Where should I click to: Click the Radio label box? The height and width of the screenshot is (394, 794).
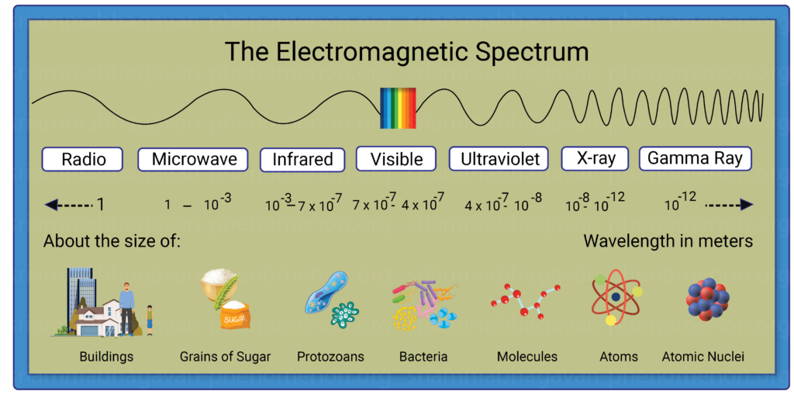coord(82,159)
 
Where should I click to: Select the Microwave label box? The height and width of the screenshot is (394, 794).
coord(193,159)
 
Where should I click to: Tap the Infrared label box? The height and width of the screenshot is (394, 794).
coord(303,160)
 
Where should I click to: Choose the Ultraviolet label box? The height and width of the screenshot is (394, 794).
coord(499,159)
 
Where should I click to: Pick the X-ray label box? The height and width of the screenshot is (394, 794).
coord(595,158)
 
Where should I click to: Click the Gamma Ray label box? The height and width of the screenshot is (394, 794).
coord(696,158)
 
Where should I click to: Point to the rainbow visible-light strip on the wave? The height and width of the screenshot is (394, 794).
coord(398,108)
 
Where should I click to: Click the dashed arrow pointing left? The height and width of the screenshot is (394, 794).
coord(69,205)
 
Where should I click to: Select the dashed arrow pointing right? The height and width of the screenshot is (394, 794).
coord(730,205)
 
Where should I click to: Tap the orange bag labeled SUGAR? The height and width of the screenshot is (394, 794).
coord(234,315)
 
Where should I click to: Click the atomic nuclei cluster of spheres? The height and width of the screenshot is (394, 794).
coord(707,299)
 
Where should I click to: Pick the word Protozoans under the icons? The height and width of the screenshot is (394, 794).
coord(330,357)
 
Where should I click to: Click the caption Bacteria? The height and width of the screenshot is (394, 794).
coord(423,357)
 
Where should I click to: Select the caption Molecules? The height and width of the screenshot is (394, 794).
coord(527,357)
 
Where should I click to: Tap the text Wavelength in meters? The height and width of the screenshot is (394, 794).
coord(668,241)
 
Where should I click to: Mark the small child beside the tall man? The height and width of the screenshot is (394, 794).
coord(150,320)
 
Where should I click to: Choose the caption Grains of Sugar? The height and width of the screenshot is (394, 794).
coord(226,357)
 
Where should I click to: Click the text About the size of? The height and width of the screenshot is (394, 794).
coord(112,241)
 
